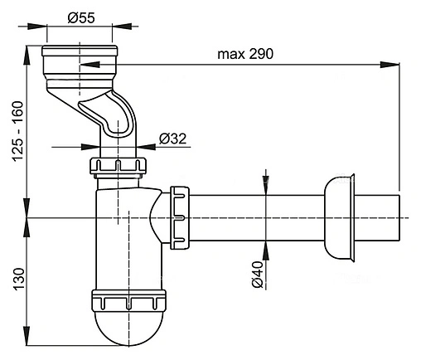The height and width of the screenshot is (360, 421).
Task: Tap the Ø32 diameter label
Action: pyautogui.click(x=172, y=138)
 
